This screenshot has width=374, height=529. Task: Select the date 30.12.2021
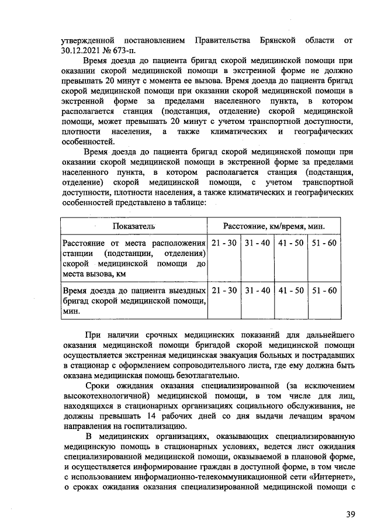[82, 50]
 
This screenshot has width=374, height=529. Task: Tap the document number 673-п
[126, 50]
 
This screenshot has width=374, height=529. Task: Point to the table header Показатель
[134, 226]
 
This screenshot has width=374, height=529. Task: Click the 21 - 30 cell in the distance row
[223, 243]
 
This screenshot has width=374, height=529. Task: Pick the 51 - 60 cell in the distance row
[324, 243]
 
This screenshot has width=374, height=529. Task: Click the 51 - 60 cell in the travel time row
[324, 290]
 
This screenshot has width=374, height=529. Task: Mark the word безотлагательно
[199, 375]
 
